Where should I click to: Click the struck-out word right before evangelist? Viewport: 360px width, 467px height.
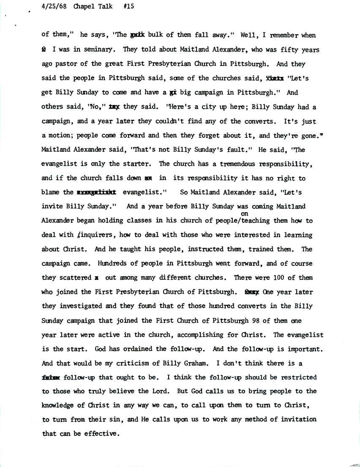97,193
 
